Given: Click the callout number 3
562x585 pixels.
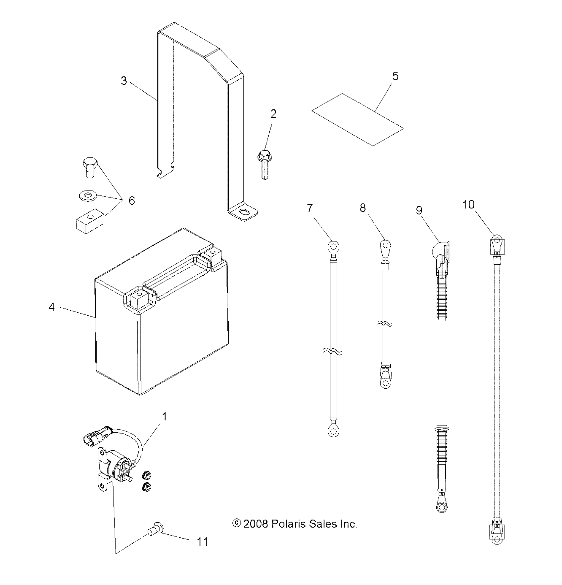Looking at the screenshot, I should (124, 81).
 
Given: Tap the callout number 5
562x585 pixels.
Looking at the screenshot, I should (395, 76).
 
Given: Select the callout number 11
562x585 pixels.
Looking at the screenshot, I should (203, 542).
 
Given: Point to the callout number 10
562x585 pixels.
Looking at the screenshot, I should (468, 205).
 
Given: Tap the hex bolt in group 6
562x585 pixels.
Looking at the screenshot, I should (88, 168).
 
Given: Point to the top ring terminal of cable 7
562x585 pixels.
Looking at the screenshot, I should (333, 246).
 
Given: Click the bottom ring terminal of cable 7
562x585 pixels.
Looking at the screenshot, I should (333, 431).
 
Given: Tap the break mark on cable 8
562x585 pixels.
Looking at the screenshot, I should (385, 324).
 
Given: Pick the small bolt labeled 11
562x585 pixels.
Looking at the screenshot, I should (155, 528).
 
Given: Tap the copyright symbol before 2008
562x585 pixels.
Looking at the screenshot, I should (237, 524).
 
